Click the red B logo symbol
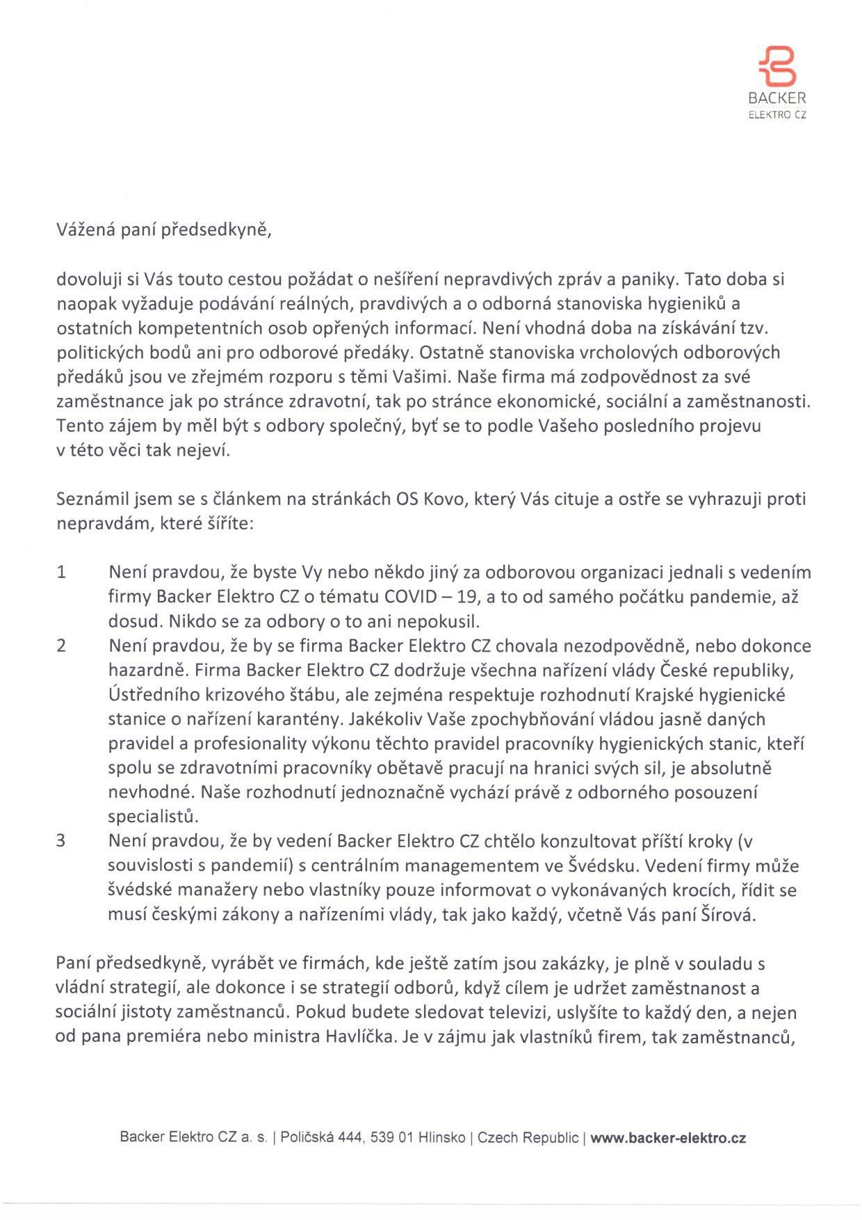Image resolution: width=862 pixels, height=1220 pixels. [x=777, y=67]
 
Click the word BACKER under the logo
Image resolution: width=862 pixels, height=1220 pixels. [x=777, y=99]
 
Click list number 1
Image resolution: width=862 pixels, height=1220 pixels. [x=61, y=572]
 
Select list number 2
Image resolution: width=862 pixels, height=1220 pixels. [x=61, y=645]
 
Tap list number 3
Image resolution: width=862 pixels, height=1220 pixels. [x=61, y=841]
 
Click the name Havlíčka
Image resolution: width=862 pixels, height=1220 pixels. [x=357, y=1037]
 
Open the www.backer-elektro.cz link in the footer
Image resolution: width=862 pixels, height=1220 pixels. [x=668, y=1138]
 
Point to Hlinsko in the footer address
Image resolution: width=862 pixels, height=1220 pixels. [x=441, y=1138]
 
